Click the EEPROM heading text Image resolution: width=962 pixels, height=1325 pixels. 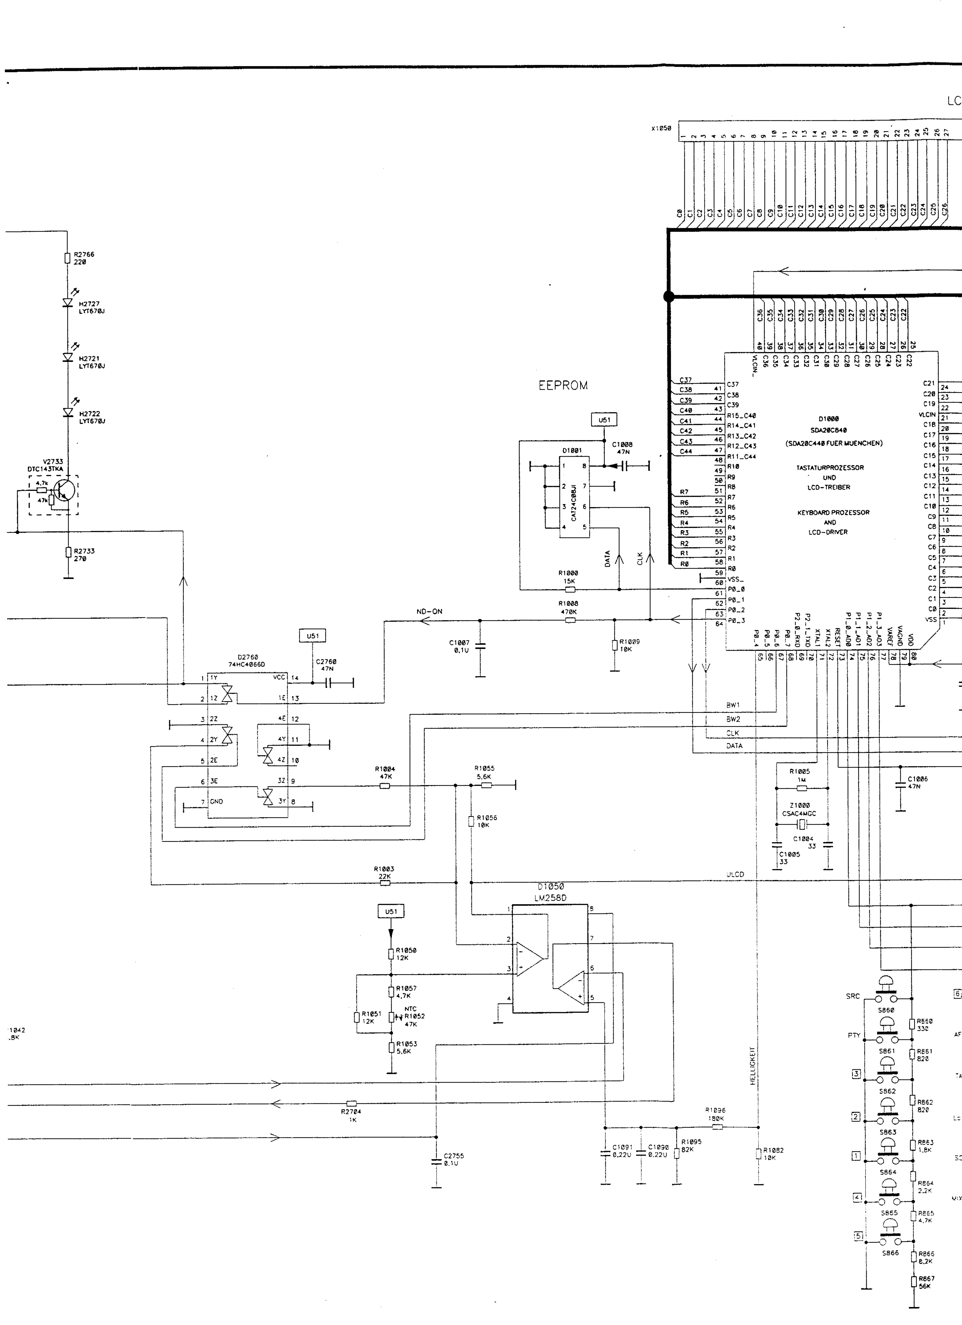[563, 386]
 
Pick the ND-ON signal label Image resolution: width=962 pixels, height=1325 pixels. [429, 612]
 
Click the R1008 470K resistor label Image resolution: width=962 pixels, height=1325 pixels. [568, 608]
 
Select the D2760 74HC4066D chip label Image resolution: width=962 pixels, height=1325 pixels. [248, 661]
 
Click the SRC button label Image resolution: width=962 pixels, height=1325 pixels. [853, 996]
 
